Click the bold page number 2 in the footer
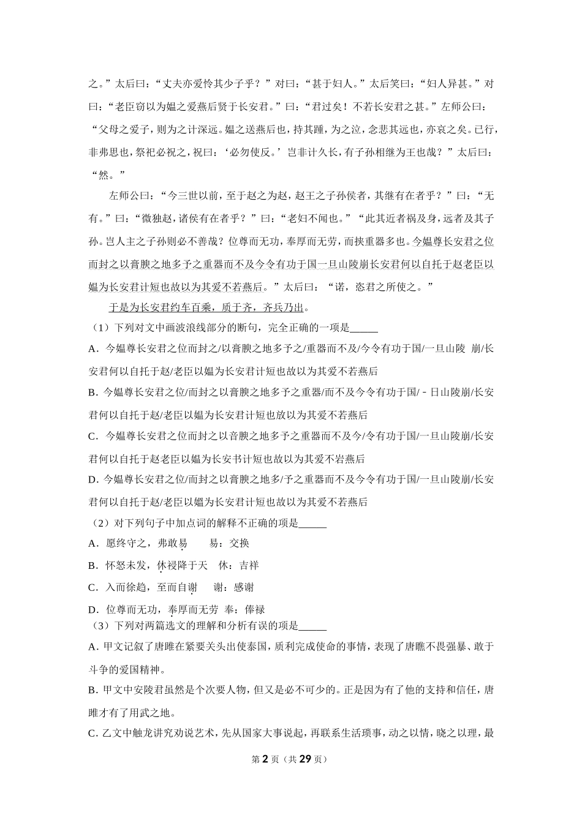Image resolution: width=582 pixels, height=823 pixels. [x=265, y=759]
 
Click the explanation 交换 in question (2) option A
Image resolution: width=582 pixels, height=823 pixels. [x=240, y=543]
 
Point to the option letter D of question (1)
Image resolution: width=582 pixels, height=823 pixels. [x=93, y=480]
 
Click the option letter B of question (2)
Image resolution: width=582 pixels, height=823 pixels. [x=93, y=565]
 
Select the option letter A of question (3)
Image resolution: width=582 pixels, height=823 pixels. [x=93, y=647]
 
